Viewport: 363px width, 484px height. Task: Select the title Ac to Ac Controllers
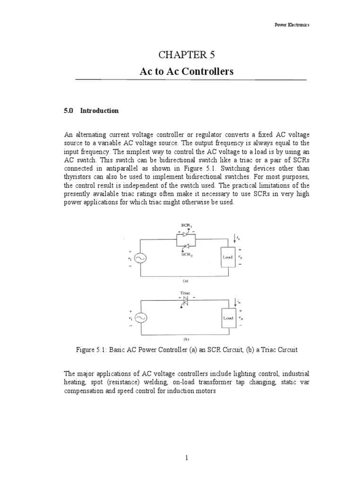click(x=186, y=71)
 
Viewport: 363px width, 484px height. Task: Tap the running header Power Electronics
click(x=292, y=25)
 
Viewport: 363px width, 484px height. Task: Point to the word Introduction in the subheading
click(x=99, y=111)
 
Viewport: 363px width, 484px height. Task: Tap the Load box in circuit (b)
click(x=228, y=318)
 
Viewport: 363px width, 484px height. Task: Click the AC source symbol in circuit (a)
click(x=140, y=258)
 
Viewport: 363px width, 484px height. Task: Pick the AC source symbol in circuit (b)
click(x=140, y=319)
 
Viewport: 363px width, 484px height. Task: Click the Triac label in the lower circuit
click(x=184, y=293)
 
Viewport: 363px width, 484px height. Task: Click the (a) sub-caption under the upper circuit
click(x=185, y=280)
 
